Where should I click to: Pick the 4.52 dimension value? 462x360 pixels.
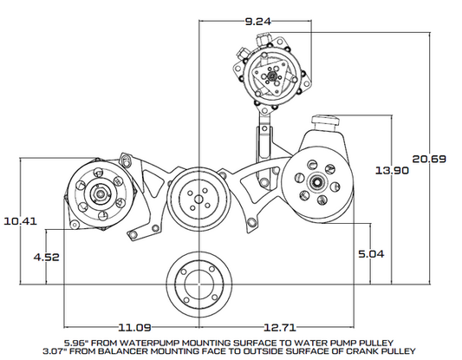[46, 257]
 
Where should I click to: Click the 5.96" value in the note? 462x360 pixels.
[75, 342]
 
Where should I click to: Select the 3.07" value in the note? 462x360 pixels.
[75, 351]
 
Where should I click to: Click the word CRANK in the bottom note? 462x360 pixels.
[351, 351]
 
